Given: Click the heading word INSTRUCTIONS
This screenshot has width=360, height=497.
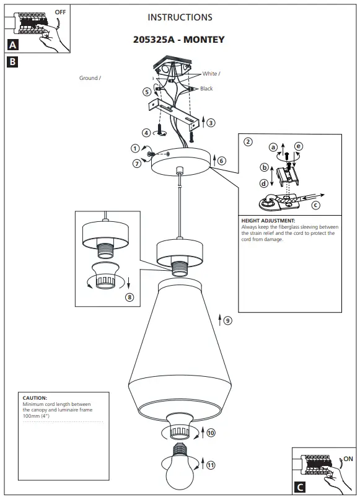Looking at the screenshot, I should click(x=180, y=17).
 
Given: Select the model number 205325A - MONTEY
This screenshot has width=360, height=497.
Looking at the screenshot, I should click(x=179, y=40).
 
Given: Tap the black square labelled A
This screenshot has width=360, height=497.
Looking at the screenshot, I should click(x=13, y=45).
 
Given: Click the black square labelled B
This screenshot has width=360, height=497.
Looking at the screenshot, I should click(x=13, y=61).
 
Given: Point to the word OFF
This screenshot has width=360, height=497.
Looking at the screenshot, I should click(x=60, y=12).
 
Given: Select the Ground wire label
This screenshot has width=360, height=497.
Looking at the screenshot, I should click(x=89, y=79).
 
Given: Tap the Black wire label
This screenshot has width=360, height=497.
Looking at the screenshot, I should click(x=206, y=89).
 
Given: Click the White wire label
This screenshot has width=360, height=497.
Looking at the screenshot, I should click(x=211, y=74).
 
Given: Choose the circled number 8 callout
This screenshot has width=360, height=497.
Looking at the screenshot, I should click(x=130, y=297).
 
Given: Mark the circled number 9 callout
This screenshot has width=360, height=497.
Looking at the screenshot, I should click(x=227, y=320).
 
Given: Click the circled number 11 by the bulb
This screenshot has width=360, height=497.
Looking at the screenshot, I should click(x=211, y=465).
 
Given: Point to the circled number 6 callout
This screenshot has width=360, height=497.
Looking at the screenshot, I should click(x=222, y=161).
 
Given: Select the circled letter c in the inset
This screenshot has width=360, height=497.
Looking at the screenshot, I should click(x=316, y=205).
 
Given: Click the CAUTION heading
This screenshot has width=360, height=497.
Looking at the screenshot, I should click(x=35, y=398).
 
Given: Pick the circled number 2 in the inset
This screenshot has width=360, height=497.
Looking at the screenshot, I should click(x=248, y=141).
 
